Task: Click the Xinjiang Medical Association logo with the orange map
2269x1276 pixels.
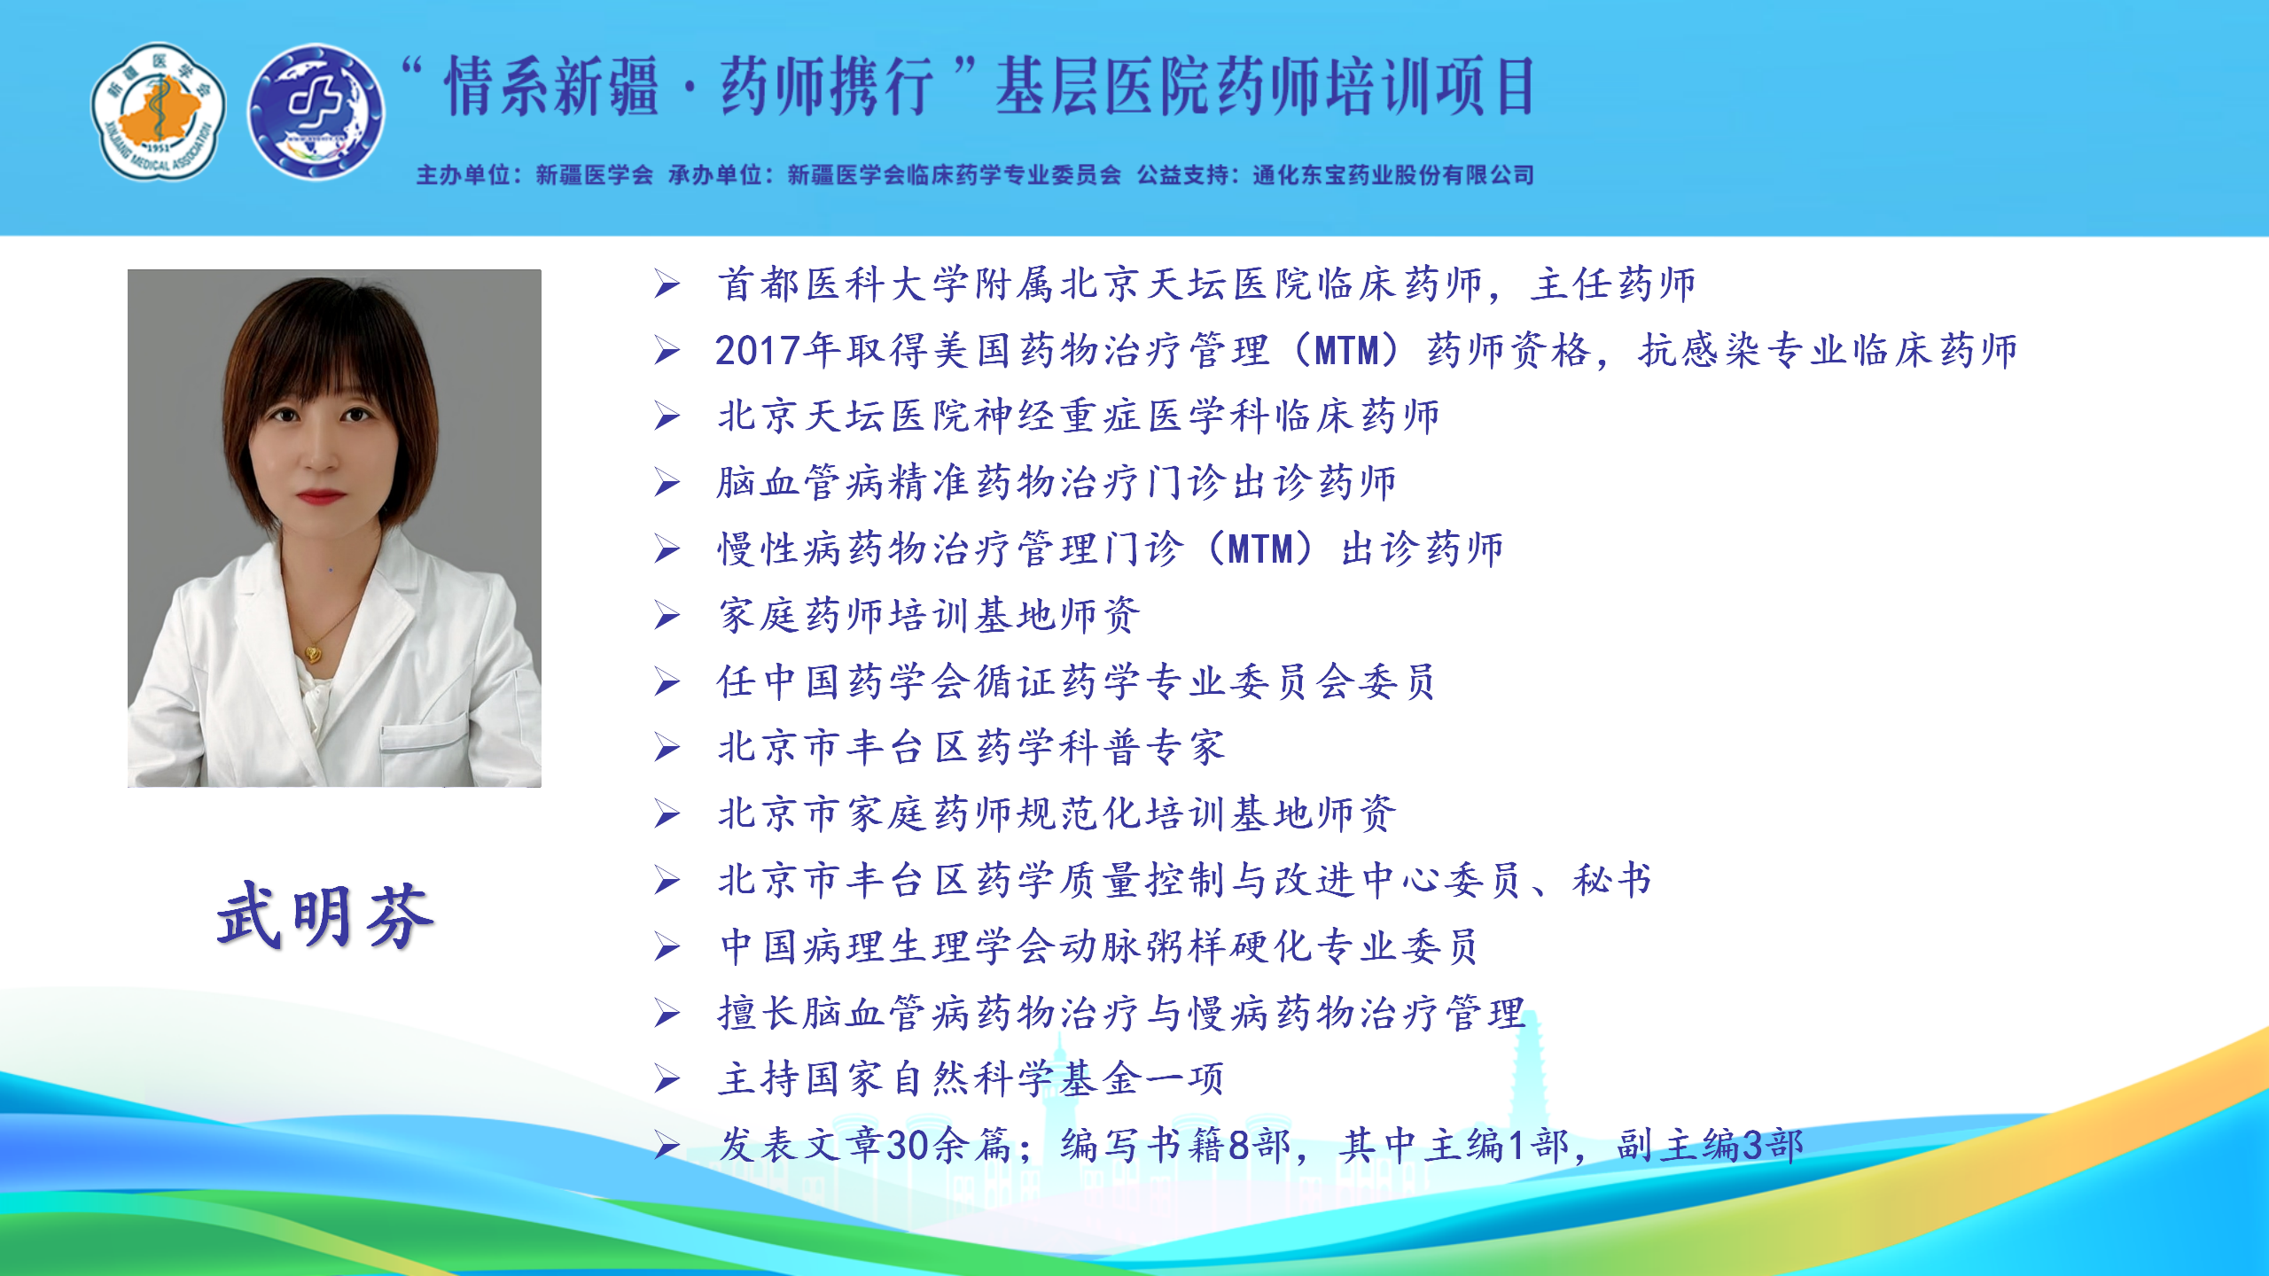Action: (159, 111)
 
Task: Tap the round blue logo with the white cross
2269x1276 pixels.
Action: (316, 111)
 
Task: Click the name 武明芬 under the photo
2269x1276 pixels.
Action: (325, 916)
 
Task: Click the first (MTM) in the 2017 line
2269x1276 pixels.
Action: (1346, 351)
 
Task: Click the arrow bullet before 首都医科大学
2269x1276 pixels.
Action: (667, 284)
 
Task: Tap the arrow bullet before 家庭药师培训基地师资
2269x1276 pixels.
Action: (667, 616)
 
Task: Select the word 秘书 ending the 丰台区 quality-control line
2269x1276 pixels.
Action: (1612, 881)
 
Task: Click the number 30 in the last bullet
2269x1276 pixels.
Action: (908, 1146)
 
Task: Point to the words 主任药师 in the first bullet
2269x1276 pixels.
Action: (1613, 284)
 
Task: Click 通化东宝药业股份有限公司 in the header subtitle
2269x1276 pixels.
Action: (1393, 175)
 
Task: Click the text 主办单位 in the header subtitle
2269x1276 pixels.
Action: (464, 175)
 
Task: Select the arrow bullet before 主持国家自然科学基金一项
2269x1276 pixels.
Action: (667, 1080)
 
